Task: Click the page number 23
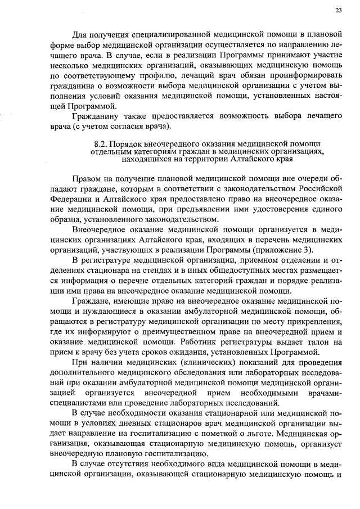[338, 10]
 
